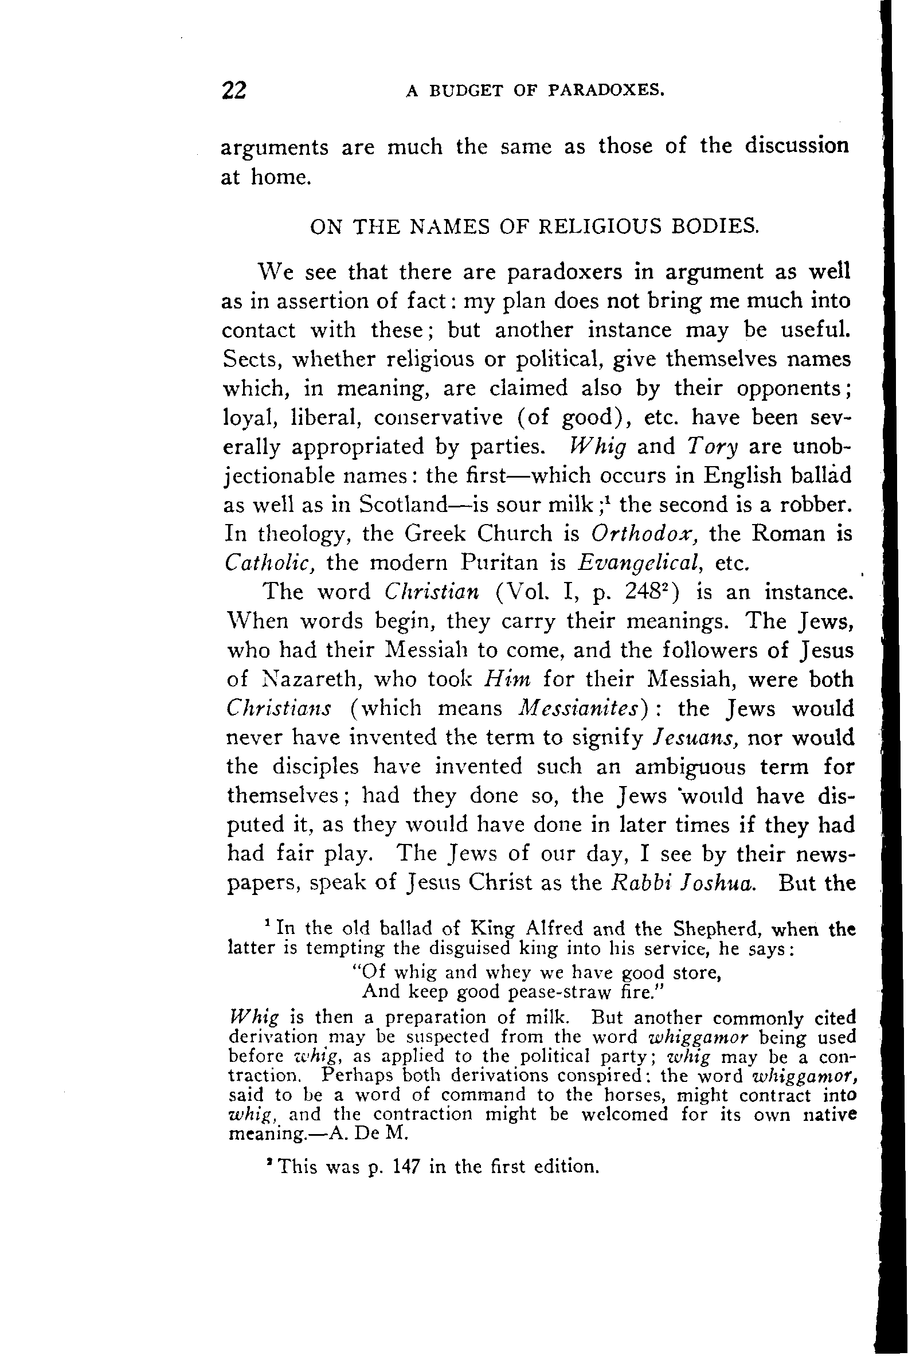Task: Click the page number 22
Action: point(234,91)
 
